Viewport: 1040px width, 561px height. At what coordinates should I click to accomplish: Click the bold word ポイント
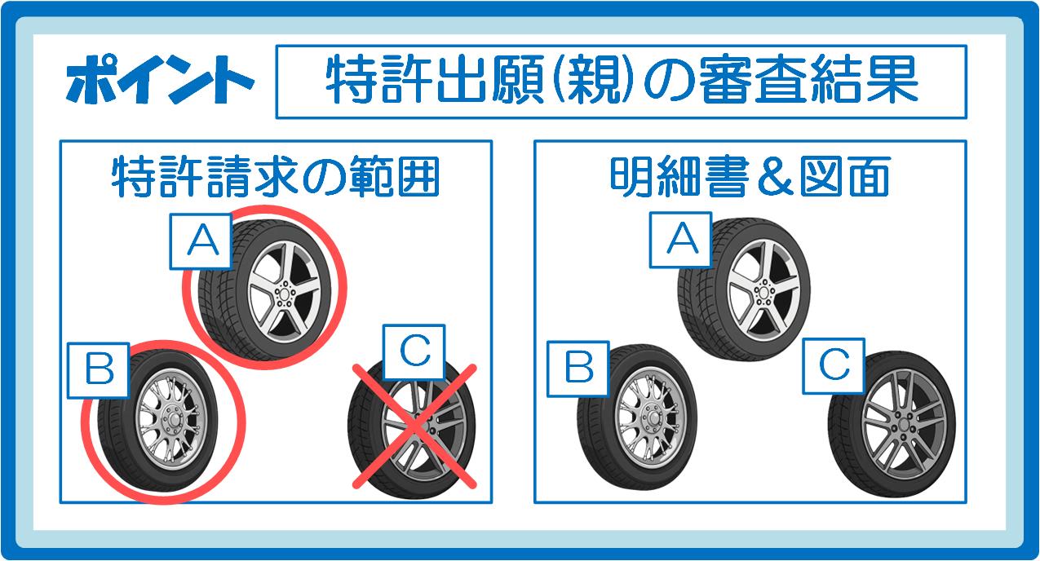tap(160, 80)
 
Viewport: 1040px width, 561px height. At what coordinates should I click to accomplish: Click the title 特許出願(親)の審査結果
tap(622, 79)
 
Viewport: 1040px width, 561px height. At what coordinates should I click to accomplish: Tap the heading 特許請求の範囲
tap(276, 177)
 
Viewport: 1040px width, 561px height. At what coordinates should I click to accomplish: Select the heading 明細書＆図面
tap(750, 177)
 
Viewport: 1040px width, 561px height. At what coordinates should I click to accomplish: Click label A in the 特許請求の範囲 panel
tap(201, 241)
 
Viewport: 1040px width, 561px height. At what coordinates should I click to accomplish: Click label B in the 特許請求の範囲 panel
tap(98, 370)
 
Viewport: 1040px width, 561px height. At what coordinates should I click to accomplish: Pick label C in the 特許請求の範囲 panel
tap(414, 352)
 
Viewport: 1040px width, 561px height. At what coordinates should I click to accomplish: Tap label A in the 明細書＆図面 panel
tap(680, 240)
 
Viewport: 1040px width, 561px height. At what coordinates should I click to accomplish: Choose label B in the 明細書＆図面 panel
tap(578, 369)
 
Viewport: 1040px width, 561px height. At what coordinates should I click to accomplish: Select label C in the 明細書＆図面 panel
tap(834, 366)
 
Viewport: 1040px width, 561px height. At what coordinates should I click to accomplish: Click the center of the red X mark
tap(414, 426)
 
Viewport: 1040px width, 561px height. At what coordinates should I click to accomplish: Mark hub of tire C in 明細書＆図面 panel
tap(904, 425)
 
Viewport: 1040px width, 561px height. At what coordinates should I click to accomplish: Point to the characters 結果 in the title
tap(864, 79)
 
